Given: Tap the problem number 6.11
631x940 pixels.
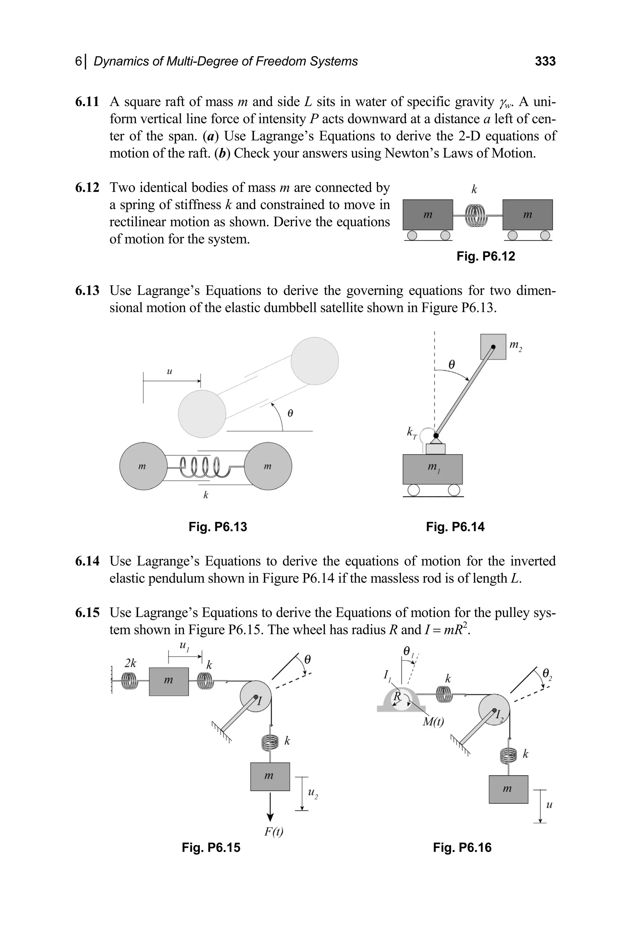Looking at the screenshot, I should (87, 102).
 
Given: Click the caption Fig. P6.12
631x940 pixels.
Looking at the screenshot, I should (485, 256).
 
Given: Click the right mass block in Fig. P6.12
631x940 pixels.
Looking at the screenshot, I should (527, 215).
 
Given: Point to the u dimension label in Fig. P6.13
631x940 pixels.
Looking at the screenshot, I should (169, 371).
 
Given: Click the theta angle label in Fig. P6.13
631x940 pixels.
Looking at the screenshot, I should (290, 413).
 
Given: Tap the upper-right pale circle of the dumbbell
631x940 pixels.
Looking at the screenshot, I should (315, 361).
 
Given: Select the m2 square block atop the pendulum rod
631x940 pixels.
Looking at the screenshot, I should (493, 347).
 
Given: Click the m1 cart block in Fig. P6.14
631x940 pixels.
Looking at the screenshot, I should (433, 469).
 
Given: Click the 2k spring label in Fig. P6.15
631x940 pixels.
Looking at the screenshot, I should (130, 663).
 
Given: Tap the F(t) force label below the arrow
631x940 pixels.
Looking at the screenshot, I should (274, 831).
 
